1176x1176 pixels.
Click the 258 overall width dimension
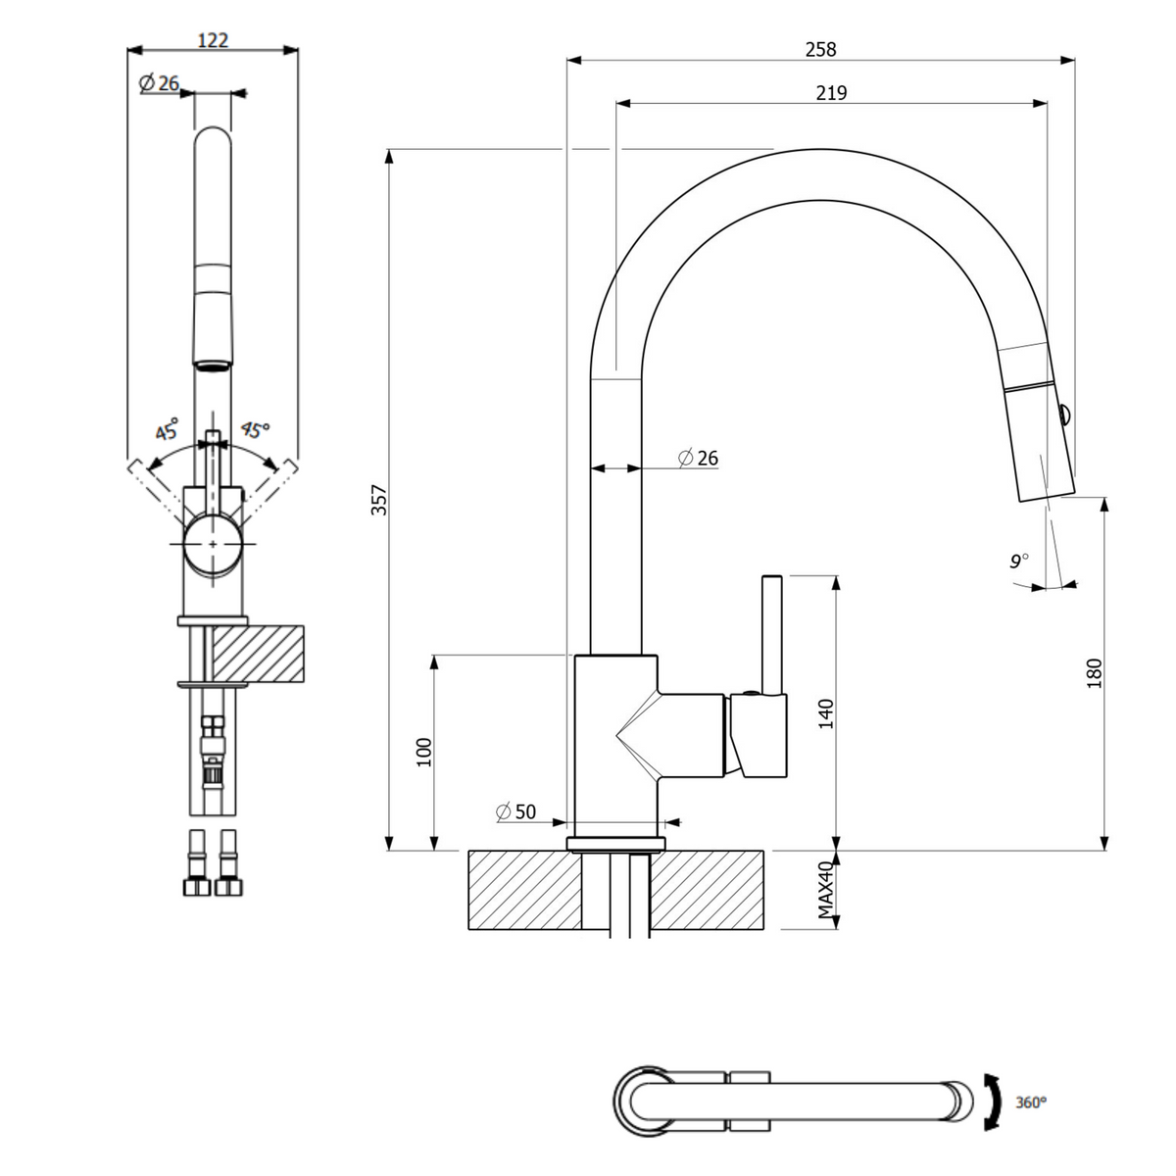pos(820,49)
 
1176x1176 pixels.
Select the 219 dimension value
pos(831,93)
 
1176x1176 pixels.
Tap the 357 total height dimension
pos(379,499)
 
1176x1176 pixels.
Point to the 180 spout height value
pos(1095,673)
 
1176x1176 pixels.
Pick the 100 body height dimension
pos(423,753)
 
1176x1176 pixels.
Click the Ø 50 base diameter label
pos(516,811)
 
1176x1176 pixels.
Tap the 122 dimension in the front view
pos(213,40)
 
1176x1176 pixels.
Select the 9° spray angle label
pos(1019,561)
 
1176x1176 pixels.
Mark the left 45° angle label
pos(167,429)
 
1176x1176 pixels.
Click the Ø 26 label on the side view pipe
pos(698,458)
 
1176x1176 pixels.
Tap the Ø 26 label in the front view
pos(159,82)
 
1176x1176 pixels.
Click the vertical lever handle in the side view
pos(772,635)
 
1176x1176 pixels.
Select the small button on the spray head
pos(1062,416)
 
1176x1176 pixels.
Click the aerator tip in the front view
pos(213,366)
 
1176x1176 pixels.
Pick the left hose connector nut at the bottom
pos(197,887)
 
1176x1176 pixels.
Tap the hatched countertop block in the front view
pos(258,654)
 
